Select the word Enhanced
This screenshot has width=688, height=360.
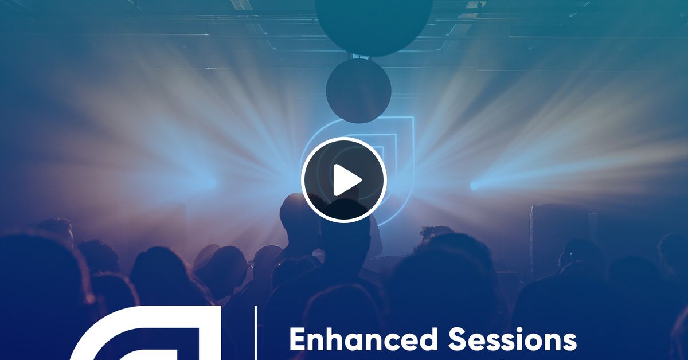tap(363, 340)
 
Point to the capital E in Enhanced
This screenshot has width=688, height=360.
tap(299, 341)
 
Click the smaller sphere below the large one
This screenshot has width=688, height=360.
tap(359, 90)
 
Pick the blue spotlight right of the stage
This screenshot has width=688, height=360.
tap(474, 185)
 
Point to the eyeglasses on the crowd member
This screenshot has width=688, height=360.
tap(252, 264)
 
